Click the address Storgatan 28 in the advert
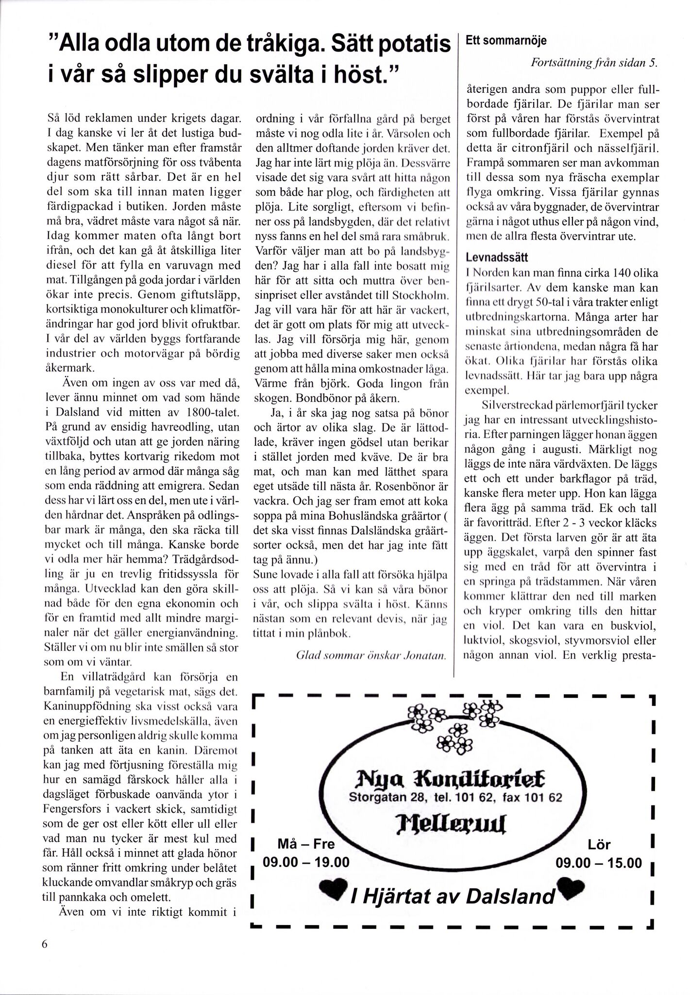[x=384, y=798]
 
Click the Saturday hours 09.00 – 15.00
[x=598, y=863]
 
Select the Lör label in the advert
[x=599, y=845]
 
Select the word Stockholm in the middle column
[x=421, y=296]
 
